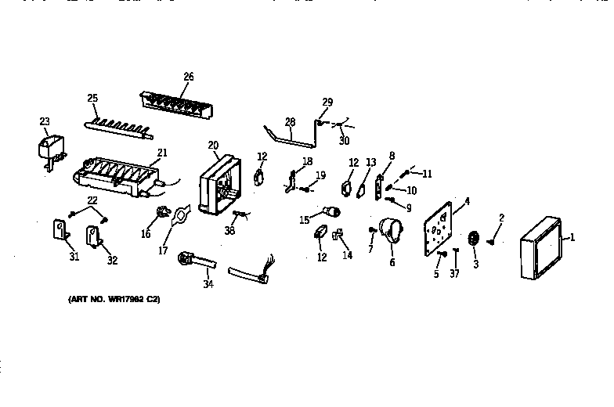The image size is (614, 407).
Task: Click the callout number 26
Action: click(188, 77)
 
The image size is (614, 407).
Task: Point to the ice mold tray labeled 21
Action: click(117, 175)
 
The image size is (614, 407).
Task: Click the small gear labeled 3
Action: click(474, 240)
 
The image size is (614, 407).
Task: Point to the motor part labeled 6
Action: click(389, 232)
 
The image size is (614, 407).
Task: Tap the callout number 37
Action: click(454, 273)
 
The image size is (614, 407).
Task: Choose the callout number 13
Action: click(371, 162)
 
